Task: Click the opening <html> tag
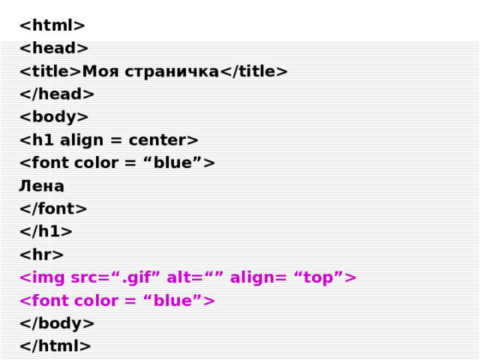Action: [52, 25]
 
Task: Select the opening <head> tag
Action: [54, 49]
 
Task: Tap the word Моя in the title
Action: [100, 71]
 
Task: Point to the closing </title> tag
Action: [253, 71]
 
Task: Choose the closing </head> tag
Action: [57, 94]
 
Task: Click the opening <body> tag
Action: [54, 117]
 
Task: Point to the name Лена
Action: [41, 186]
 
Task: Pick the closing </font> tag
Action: [53, 209]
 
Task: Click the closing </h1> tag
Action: [46, 232]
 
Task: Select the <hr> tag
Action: [41, 255]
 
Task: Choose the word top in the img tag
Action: [317, 278]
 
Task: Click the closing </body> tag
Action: [57, 323]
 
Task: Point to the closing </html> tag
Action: [55, 346]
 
